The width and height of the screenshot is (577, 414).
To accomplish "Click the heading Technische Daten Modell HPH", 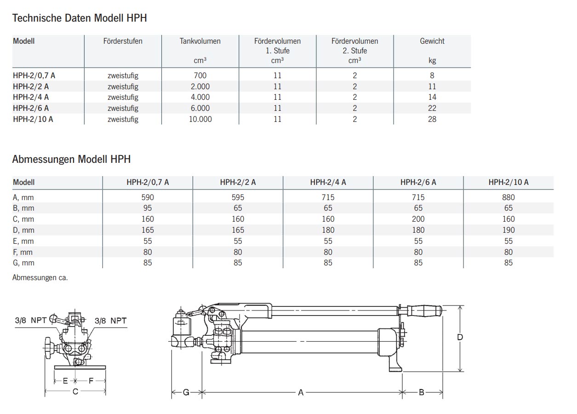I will pos(80,18).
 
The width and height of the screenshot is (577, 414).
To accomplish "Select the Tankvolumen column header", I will pos(200,41).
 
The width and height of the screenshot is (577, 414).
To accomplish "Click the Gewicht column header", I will pos(432,41).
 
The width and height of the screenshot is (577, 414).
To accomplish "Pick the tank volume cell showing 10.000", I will pos(200,119).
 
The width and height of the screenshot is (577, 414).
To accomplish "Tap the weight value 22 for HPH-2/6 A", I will pos(432,108).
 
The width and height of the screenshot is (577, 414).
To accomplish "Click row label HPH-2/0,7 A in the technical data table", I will pos(34,75).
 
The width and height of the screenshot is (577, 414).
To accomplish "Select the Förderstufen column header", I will pos(123,41).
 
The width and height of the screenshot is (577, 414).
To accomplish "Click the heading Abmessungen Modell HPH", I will pos(71,160).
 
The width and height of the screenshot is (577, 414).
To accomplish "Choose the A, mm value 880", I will pos(508,197).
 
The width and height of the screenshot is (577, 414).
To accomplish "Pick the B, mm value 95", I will pos(148,208).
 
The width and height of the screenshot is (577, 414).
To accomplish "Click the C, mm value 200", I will pos(418,219).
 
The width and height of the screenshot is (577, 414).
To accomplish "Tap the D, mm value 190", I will pos(508,230).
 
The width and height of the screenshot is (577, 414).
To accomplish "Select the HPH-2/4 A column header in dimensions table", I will pos(328,183).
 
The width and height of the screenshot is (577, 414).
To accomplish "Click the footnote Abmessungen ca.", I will pos(40,278).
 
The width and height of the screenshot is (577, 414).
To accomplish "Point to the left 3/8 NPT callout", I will pos(31,321).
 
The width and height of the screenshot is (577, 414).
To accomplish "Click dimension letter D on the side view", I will pos(459,337).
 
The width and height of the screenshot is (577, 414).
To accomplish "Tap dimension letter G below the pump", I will pos(186,392).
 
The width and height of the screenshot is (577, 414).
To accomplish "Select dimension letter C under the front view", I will pos(75,392).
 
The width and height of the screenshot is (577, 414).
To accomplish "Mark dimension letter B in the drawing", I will pos(421,392).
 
